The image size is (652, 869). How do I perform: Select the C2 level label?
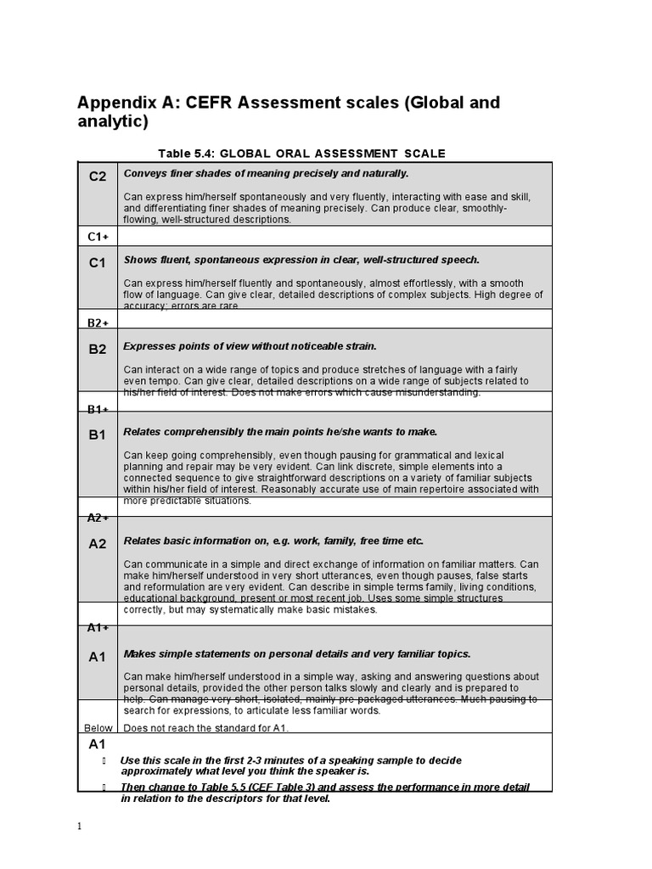pos(98,177)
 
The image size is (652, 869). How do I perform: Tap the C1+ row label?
pos(97,237)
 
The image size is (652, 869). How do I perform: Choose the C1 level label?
pos(98,263)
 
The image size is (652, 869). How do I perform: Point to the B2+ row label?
pos(97,322)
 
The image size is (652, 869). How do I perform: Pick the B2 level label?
pos(98,349)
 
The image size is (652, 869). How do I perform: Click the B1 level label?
pos(98,434)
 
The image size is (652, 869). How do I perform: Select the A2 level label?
pos(98,544)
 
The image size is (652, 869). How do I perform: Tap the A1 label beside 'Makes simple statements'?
pos(98,657)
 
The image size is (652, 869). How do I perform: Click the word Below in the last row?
pos(98,728)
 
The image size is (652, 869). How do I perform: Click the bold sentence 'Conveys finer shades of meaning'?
pos(266,173)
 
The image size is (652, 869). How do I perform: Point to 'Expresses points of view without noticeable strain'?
pos(250,346)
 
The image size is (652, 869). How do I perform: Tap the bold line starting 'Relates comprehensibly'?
pos(280,432)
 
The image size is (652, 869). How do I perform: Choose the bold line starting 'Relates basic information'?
pos(273,541)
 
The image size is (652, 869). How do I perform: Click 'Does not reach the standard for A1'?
pos(206,728)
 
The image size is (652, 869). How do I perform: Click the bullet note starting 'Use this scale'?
pos(290,765)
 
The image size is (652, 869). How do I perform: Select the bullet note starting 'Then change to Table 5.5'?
pos(324,793)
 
